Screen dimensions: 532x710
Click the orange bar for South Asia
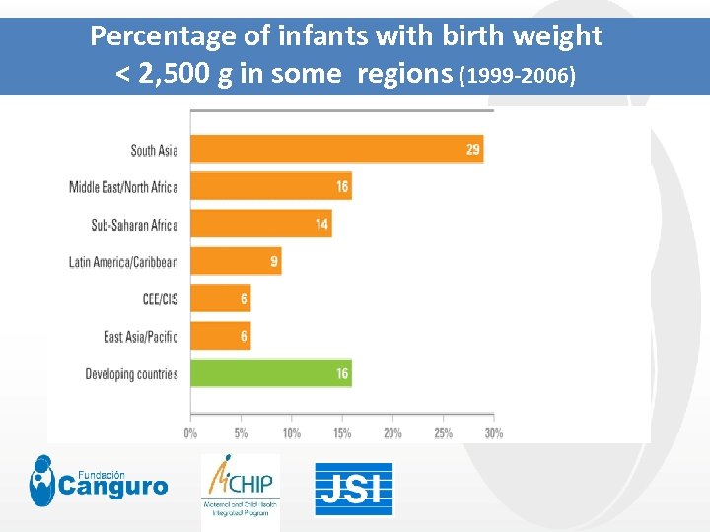click(335, 150)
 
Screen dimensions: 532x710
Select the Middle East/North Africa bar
click(270, 186)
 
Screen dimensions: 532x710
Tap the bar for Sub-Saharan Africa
click(260, 224)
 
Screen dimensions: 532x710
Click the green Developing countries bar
click(270, 374)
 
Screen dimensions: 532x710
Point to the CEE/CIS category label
click(160, 299)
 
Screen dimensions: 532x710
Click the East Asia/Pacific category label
click(141, 337)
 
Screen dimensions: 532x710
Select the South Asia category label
click(154, 150)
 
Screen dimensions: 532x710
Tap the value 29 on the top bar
click(473, 150)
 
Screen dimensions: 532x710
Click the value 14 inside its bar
click(321, 224)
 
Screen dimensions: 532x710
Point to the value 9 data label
click(274, 262)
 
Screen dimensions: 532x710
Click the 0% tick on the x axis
click(190, 432)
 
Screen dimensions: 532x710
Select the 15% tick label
click(341, 432)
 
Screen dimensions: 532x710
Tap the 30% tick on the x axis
click(493, 432)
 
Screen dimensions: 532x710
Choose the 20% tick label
click(391, 432)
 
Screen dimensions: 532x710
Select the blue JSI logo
click(353, 490)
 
